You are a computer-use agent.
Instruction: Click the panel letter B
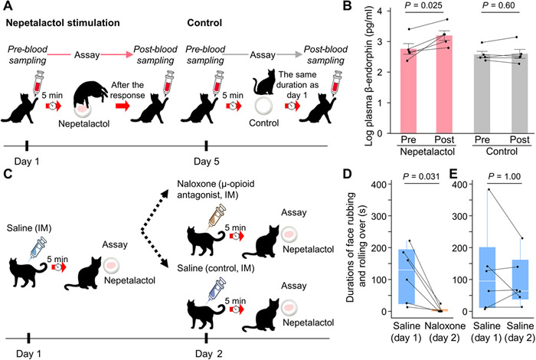(x=346, y=8)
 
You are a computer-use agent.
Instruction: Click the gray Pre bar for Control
(x=459, y=92)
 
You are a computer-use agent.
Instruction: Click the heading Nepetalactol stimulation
(x=63, y=22)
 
